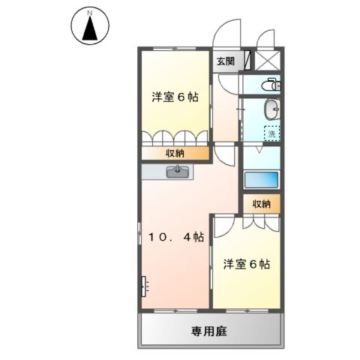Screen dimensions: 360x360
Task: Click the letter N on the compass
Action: click(x=89, y=13)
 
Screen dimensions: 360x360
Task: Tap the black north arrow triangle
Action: click(x=89, y=30)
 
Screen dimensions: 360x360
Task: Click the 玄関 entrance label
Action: click(x=224, y=61)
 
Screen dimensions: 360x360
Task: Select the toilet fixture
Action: click(x=271, y=84)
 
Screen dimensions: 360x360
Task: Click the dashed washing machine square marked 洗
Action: click(x=271, y=133)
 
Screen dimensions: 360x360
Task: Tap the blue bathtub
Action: click(x=261, y=180)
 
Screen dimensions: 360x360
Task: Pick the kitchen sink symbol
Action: click(x=178, y=172)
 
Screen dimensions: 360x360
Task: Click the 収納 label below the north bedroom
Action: click(x=177, y=153)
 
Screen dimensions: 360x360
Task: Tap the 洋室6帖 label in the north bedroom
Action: click(x=175, y=97)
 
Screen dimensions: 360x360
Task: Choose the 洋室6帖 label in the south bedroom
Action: click(x=247, y=264)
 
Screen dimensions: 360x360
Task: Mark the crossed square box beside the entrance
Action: click(x=269, y=61)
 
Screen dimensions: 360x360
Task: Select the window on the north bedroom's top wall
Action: click(x=175, y=48)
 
